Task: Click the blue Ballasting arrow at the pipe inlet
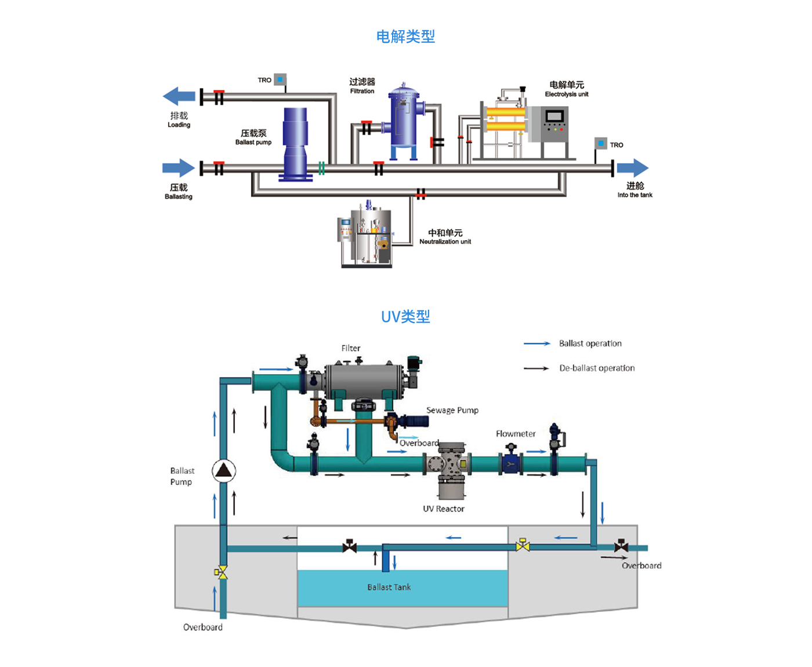point(178,168)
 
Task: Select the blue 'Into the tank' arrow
point(632,168)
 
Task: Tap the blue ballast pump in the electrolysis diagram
point(295,143)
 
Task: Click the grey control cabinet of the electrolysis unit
point(554,125)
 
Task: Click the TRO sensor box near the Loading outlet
point(280,79)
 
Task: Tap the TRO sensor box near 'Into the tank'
point(601,143)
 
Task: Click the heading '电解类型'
point(405,37)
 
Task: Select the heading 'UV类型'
point(405,317)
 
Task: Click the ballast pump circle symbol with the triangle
point(223,470)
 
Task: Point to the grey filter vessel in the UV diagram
point(364,380)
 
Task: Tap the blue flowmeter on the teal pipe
point(510,463)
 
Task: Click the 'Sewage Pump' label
point(452,410)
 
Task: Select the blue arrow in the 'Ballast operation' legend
point(536,344)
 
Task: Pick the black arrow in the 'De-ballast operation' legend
point(536,368)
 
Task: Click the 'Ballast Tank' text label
point(389,587)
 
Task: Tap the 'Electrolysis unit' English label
point(567,94)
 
